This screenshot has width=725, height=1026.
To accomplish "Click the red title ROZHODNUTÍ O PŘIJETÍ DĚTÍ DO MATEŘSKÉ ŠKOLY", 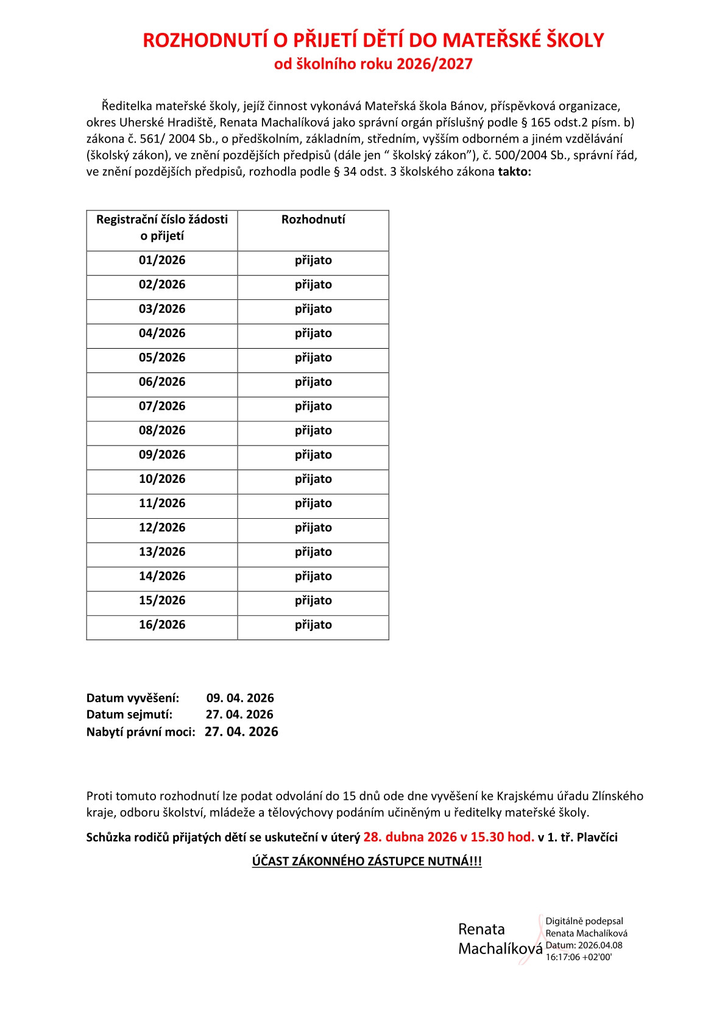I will point(373,40).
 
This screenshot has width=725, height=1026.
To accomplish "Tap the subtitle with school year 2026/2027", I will point(373,64).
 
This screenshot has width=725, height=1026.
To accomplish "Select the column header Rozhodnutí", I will point(313,219).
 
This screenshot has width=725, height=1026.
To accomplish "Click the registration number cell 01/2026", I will point(162,260).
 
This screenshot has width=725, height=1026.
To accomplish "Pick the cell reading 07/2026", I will point(162,406).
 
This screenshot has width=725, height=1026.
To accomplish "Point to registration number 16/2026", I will point(162,625).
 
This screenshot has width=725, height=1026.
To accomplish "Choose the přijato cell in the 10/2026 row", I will point(313,479).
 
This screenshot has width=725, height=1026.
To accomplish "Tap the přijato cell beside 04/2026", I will point(313,333).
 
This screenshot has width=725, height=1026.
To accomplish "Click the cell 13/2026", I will point(162,552).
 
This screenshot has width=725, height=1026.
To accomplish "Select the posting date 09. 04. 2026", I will point(240,698).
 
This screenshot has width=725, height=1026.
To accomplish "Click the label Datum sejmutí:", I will point(129,714).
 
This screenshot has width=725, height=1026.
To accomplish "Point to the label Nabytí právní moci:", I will point(141,732).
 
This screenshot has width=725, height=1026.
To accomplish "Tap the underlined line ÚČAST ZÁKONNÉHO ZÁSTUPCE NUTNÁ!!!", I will point(367,861).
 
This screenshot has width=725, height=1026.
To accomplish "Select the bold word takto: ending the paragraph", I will point(515,172).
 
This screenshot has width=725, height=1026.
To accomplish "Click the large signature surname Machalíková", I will point(500,949).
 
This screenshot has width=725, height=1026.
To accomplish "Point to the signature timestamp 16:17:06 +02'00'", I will point(578,957).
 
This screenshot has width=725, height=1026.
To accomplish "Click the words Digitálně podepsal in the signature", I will point(584,921).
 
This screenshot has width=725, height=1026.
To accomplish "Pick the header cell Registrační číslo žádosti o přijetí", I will point(162,227).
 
